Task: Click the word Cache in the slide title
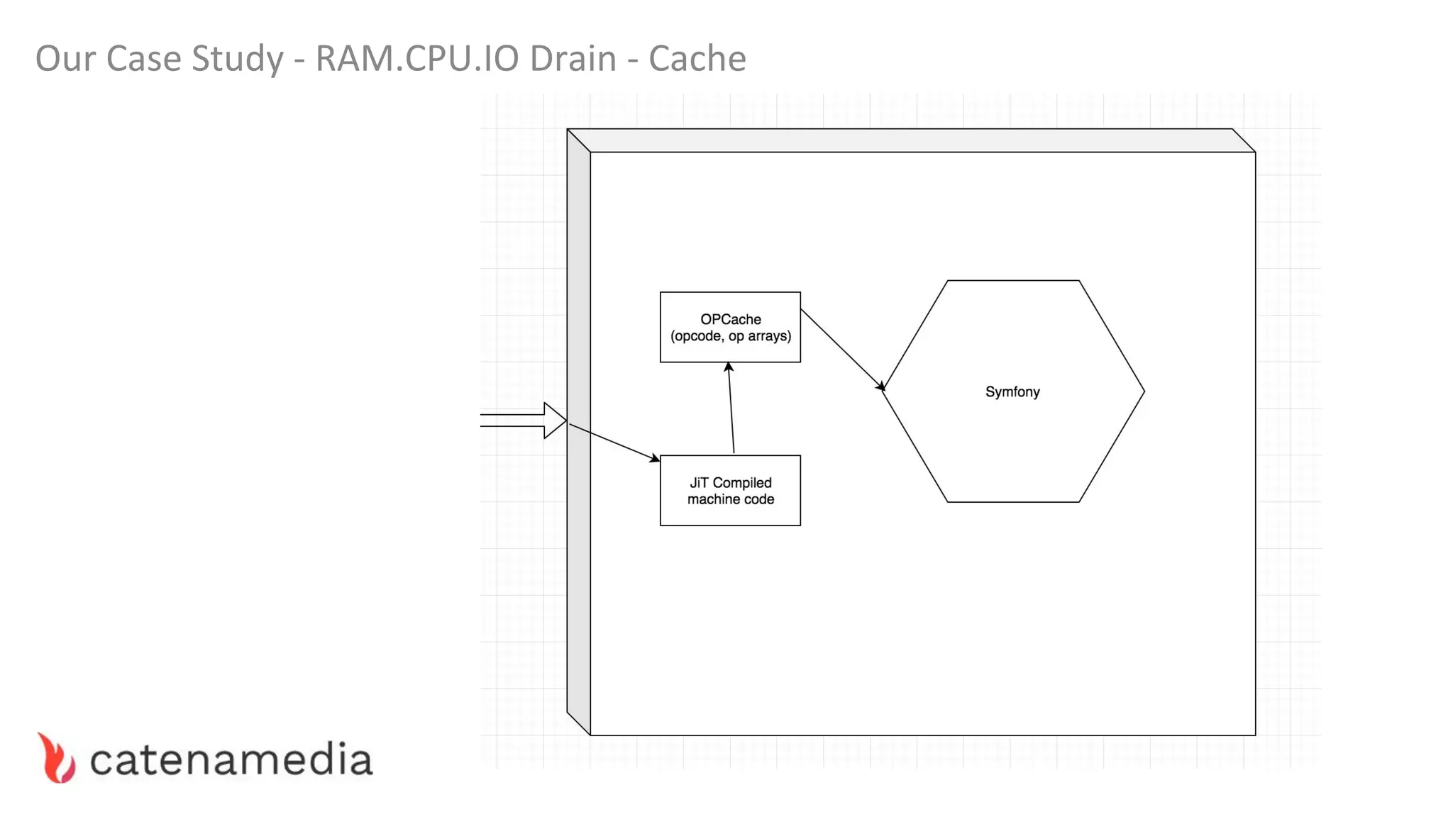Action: coord(697,58)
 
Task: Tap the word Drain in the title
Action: coord(573,58)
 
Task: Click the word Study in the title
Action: coord(237,60)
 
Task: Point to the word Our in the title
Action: coord(65,58)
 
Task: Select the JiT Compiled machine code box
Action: coord(730,514)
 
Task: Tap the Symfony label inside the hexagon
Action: coord(1012,391)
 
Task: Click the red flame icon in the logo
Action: coord(57,758)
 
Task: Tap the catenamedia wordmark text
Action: coord(231,760)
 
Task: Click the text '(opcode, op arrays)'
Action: coord(730,336)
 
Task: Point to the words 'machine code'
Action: coord(730,499)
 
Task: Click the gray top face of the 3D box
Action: coord(911,140)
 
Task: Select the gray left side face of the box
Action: coord(578,433)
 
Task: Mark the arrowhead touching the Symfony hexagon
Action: coord(881,387)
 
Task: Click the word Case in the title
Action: coord(145,58)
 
